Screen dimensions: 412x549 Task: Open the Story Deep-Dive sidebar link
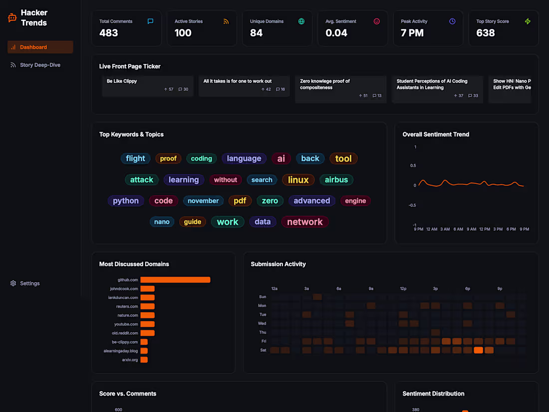[40, 65]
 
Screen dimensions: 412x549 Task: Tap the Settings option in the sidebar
[29, 283]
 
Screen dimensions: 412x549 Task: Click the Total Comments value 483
[109, 33]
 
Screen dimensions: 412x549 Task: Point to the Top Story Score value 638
[486, 33]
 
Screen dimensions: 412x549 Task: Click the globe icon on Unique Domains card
[301, 21]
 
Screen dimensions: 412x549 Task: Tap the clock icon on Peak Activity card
[452, 21]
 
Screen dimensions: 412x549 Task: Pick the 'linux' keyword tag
[298, 180]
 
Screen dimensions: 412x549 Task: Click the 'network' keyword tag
[304, 222]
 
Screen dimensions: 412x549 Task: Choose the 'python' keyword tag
[126, 201]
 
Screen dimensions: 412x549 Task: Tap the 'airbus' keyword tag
[336, 180]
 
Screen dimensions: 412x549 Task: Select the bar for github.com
[175, 280]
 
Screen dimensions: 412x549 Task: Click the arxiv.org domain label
[130, 360]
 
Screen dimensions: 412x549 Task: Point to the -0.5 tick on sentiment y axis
[413, 205]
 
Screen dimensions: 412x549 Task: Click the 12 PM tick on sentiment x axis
[485, 229]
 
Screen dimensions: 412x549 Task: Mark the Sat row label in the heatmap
[263, 350]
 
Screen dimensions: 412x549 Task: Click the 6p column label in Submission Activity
[468, 289]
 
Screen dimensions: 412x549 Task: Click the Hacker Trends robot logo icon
[12, 18]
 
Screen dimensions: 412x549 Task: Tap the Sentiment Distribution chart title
[433, 394]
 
